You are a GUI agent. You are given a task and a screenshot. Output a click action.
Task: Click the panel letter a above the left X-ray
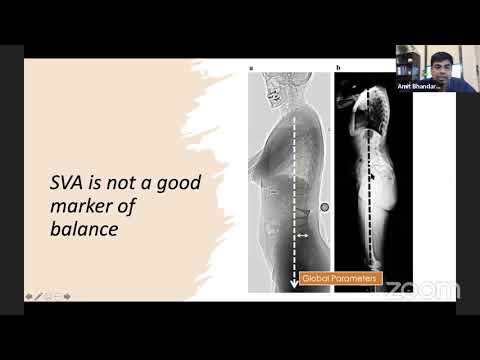point(251,67)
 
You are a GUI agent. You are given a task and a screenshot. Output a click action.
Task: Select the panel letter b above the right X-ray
point(338,67)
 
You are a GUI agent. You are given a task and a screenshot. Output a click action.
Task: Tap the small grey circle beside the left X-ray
point(325,207)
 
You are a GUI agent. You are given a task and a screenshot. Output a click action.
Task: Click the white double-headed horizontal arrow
point(303,235)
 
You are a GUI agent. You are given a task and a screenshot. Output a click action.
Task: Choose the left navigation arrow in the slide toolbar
point(29,296)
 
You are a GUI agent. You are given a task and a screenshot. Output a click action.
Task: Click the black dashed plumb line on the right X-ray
point(381,180)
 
